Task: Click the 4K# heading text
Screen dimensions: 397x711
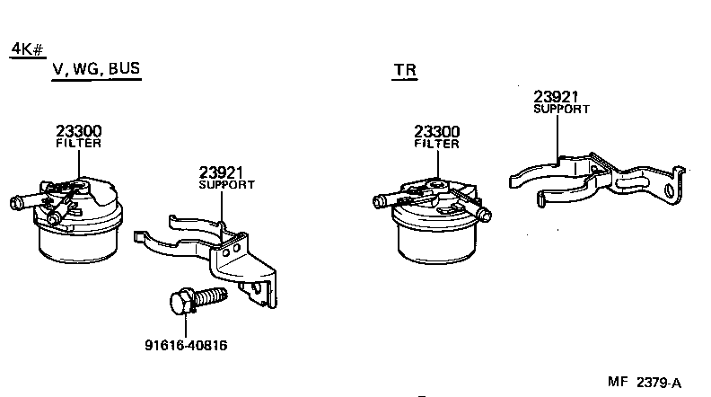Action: pos(27,49)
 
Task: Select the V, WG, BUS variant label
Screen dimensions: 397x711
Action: pos(96,69)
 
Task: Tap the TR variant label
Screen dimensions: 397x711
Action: pos(404,70)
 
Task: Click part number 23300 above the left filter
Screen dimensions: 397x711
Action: pos(79,130)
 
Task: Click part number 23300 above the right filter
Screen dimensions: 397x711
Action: pos(437,131)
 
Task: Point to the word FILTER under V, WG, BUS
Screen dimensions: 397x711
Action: pos(79,143)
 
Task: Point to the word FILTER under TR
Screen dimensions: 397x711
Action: pos(437,144)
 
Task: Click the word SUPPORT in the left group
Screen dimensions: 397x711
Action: pos(226,184)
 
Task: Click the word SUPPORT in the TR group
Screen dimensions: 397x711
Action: pos(561,109)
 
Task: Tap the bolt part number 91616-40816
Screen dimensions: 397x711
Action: pos(186,345)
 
